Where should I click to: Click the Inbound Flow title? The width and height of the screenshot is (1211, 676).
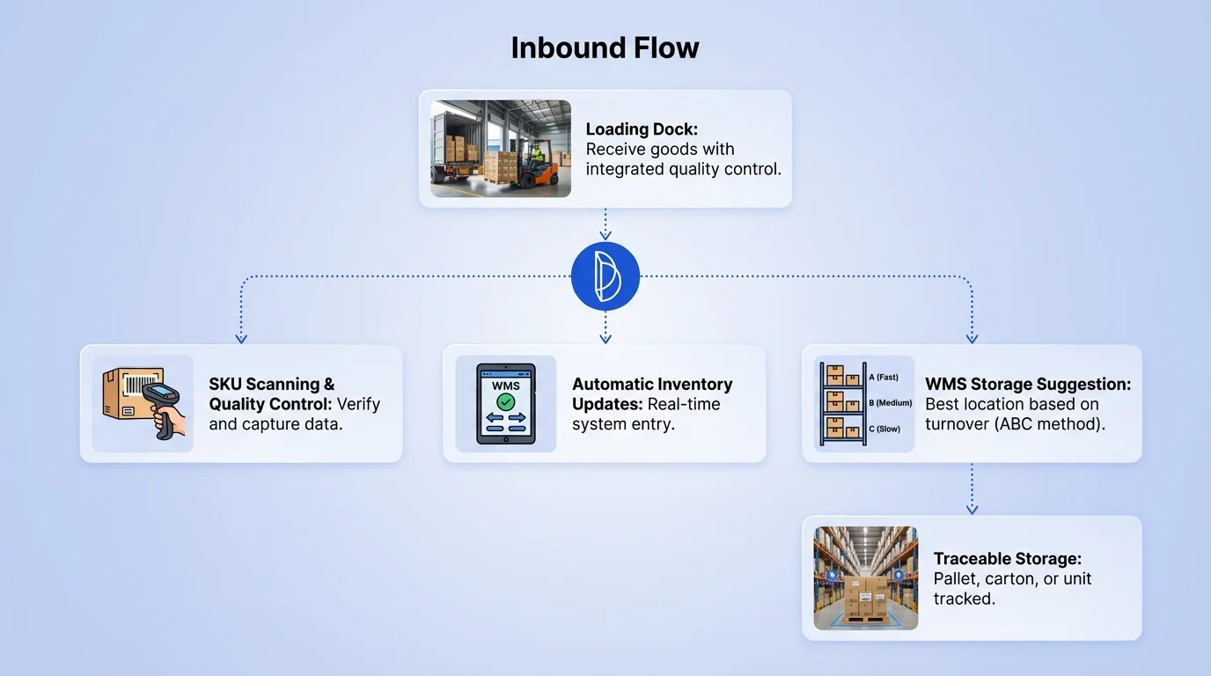[605, 48]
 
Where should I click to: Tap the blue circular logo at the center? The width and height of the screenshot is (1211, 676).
[605, 276]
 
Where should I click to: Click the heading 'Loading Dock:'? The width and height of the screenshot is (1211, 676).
[642, 129]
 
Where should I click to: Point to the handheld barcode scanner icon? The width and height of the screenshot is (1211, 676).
[163, 405]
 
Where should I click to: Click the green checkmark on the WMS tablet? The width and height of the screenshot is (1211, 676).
[506, 402]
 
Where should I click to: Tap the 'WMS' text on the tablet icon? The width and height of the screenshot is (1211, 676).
[506, 386]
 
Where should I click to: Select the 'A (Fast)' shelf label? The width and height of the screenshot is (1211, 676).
[884, 378]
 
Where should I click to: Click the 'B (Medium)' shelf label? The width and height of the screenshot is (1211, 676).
[889, 403]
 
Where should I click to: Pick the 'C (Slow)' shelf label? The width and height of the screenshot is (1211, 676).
[884, 429]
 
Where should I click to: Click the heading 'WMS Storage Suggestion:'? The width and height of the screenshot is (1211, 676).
[1028, 385]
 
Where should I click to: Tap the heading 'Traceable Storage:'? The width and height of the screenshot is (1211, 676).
[1008, 559]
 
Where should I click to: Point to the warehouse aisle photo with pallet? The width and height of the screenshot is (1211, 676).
[866, 577]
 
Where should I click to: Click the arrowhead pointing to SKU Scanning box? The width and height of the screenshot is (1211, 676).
[241, 338]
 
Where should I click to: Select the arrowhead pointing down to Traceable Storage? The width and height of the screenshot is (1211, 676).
[972, 509]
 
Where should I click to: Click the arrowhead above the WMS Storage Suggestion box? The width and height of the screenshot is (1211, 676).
[972, 338]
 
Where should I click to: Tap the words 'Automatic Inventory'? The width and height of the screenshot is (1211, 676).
[652, 385]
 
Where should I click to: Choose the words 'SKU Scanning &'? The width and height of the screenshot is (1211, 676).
[272, 385]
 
